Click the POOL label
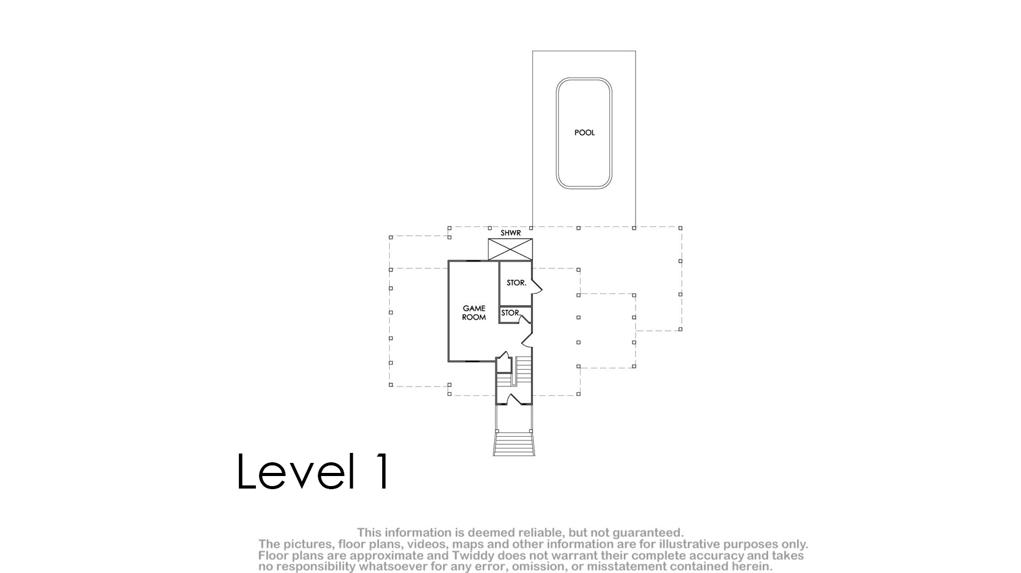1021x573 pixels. pos(584,133)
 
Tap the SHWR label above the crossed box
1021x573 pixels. pos(510,233)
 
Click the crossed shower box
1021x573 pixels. pos(510,250)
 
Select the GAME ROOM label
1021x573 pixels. pos(474,313)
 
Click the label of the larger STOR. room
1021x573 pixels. pos(516,283)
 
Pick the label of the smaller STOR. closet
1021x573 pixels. pos(510,313)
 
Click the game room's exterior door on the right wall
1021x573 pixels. pos(527,340)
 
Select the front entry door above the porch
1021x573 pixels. pos(514,399)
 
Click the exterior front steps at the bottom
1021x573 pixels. pos(514,444)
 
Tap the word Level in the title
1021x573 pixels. pos(295,472)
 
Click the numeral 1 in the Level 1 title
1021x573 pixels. pos(382,472)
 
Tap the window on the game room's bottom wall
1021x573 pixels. pos(474,361)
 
